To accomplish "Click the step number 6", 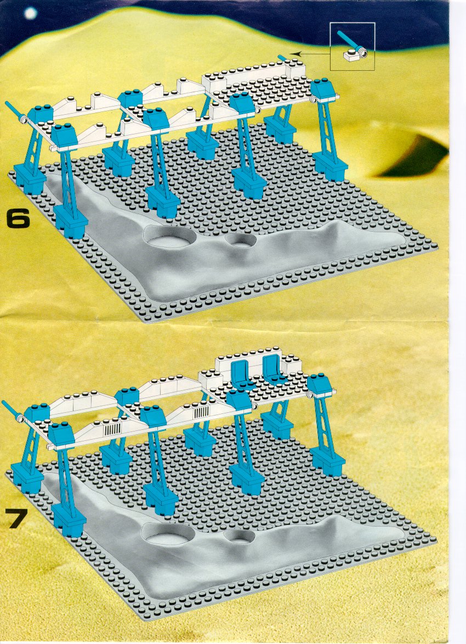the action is (x=19, y=219).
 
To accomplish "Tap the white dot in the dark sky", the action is (x=30, y=14).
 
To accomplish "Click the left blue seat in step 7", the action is (x=241, y=374).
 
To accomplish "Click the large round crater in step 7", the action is (x=170, y=534).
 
